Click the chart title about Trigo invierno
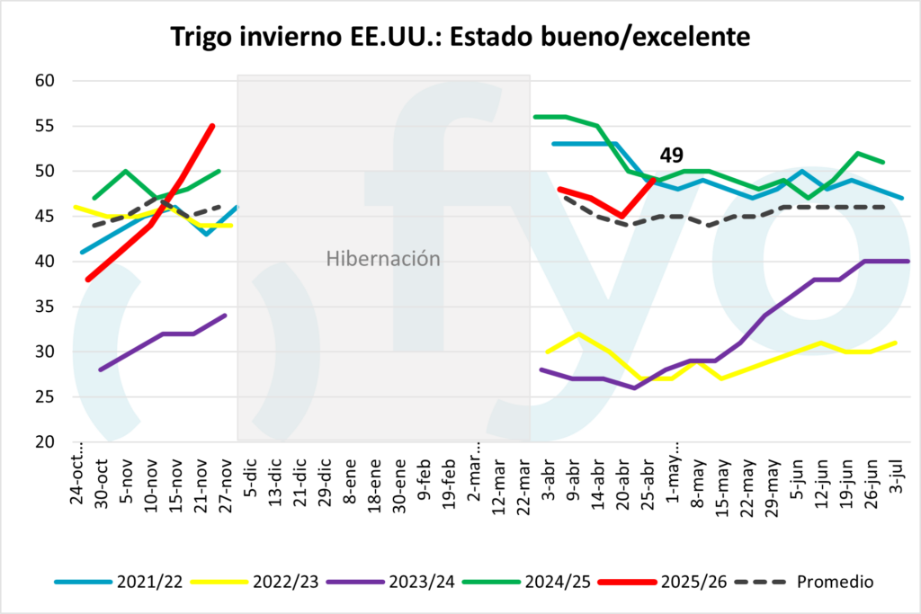point(460,37)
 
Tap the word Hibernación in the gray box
point(383,260)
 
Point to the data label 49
point(672,156)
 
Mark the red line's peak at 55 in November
point(212,126)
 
